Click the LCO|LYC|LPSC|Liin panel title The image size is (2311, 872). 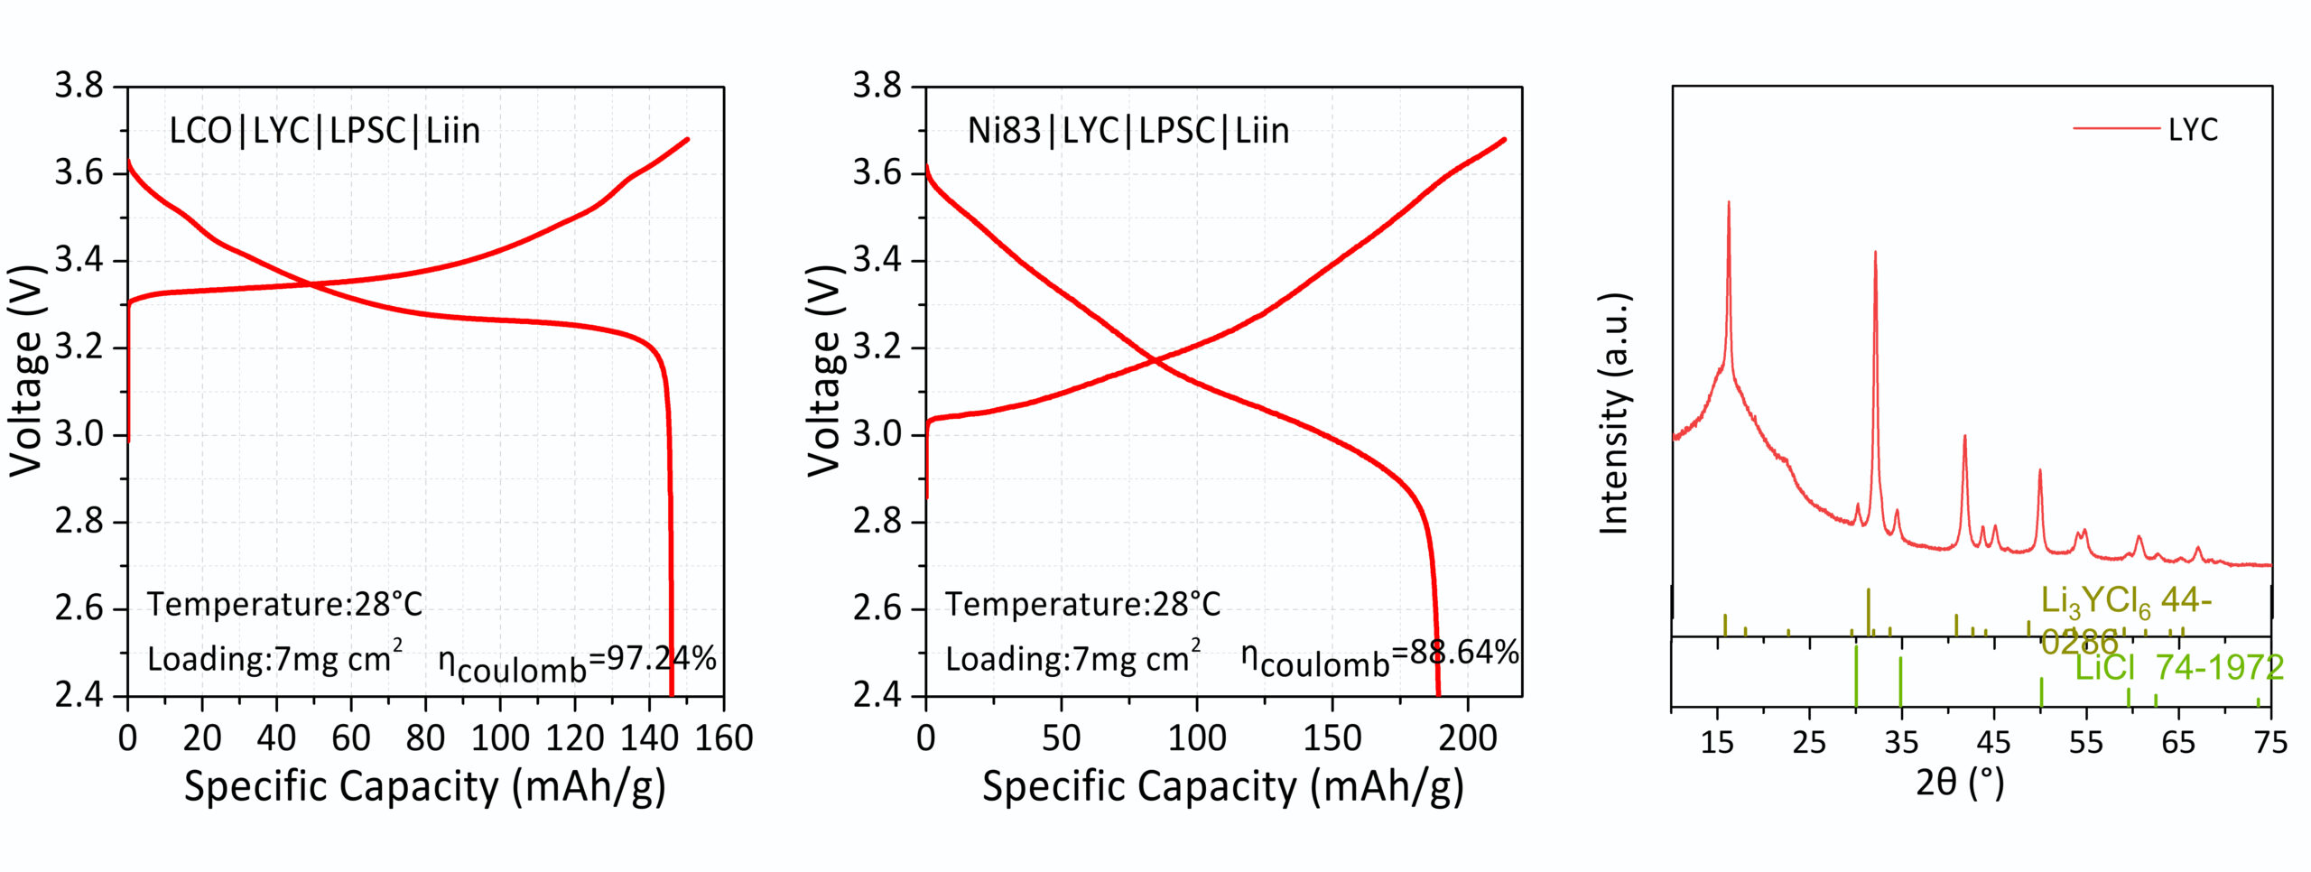(x=324, y=132)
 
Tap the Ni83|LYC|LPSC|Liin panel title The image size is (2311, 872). (x=1128, y=132)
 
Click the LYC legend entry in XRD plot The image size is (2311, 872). (x=2192, y=130)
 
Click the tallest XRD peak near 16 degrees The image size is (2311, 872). (x=1729, y=204)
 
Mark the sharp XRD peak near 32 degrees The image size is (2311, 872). (x=1875, y=254)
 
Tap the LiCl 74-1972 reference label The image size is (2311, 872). (x=2179, y=669)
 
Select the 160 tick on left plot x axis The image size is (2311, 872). (x=724, y=739)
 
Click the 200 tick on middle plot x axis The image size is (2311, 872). (x=1467, y=739)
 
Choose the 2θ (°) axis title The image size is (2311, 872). (x=1959, y=783)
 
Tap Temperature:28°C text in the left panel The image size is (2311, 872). (x=284, y=604)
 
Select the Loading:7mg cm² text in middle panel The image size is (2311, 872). (x=1072, y=658)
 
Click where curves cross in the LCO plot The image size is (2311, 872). (x=311, y=285)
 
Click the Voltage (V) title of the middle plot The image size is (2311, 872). (x=824, y=370)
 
